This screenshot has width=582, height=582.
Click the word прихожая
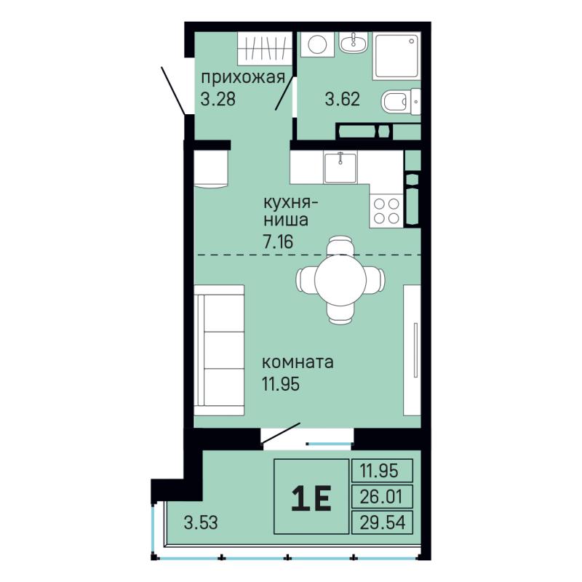[x=243, y=79]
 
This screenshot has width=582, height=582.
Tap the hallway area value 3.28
[x=218, y=99]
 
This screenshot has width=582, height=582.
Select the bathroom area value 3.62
[x=342, y=99]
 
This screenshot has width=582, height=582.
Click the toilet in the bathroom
[x=401, y=102]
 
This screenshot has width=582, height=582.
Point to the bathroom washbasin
[x=353, y=42]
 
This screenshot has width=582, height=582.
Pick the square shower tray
[x=396, y=56]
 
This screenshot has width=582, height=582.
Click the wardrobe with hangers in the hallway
[x=264, y=49]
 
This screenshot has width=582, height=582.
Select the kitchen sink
[x=340, y=167]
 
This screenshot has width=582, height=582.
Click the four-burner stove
[x=386, y=210]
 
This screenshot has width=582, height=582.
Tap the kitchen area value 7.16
[x=278, y=242]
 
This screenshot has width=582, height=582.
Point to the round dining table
[x=340, y=279]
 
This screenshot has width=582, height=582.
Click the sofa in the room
[x=219, y=350]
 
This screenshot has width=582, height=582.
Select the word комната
[x=298, y=362]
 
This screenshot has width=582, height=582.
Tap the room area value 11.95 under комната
[x=281, y=384]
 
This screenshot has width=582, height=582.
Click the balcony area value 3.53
[x=201, y=522]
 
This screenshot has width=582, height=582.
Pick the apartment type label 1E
[x=311, y=499]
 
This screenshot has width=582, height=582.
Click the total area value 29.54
[x=383, y=522]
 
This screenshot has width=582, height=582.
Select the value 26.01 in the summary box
[x=381, y=496]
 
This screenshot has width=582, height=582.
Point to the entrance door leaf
[x=173, y=90]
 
